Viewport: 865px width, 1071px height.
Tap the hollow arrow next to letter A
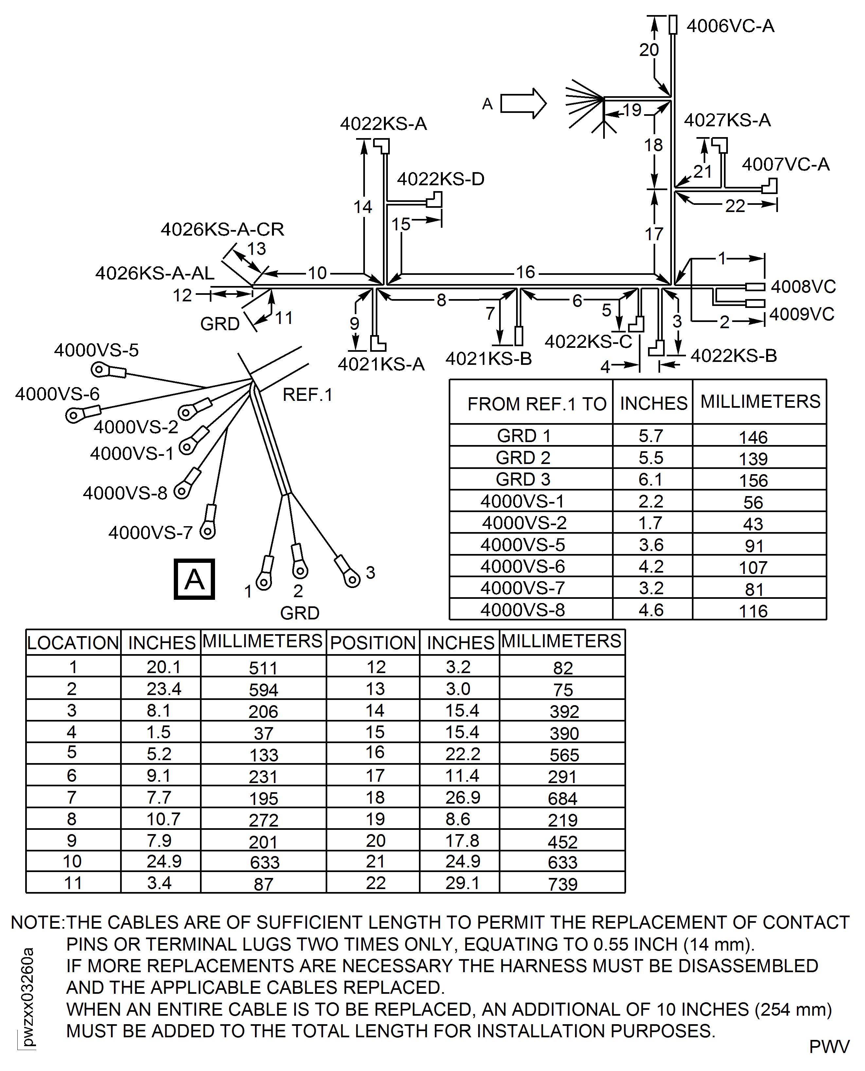point(523,104)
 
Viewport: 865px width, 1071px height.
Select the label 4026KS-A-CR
point(222,229)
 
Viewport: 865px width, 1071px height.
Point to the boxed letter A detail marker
point(194,579)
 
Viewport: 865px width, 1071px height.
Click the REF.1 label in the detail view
point(307,395)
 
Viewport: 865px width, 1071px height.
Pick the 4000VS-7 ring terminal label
point(151,532)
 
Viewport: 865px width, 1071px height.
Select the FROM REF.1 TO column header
point(537,403)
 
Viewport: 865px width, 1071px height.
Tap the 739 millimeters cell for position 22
point(563,884)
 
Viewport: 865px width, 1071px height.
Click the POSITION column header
point(373,643)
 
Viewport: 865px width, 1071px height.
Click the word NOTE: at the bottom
point(37,922)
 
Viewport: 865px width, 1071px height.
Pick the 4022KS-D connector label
point(441,179)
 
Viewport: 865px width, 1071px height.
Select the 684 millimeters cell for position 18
point(563,798)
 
